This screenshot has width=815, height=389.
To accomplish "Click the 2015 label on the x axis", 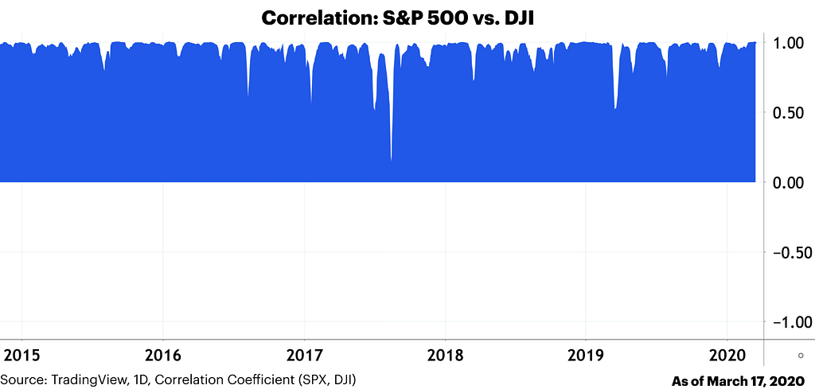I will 21,354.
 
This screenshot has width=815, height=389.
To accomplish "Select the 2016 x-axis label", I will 162,354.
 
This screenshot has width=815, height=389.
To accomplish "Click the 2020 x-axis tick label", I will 727,354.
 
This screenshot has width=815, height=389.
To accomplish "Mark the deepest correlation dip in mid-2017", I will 391,160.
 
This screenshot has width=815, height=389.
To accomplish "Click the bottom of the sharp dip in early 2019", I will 614,108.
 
